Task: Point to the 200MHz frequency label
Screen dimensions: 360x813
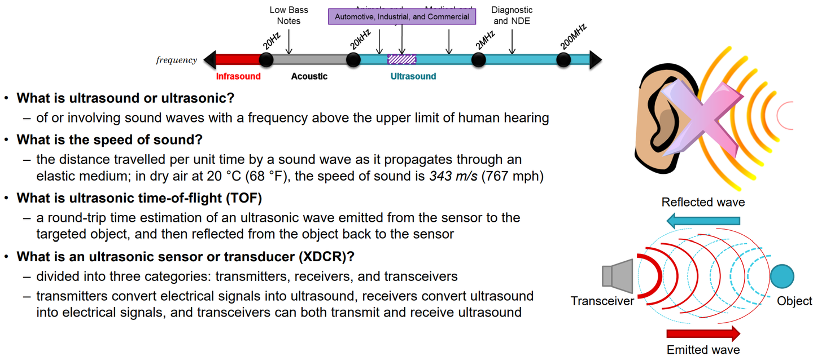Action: tap(574, 36)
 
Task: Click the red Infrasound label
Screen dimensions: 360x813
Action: tap(238, 76)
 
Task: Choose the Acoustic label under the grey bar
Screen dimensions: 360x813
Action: tap(309, 76)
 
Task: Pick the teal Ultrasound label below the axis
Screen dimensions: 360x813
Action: tap(413, 76)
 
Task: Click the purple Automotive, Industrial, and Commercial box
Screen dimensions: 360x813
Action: tap(402, 16)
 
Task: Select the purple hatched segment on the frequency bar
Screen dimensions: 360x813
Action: tap(401, 59)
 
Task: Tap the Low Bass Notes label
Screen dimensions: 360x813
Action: tap(289, 16)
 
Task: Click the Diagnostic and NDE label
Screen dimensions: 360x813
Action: tap(512, 16)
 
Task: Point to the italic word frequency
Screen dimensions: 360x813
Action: tap(176, 60)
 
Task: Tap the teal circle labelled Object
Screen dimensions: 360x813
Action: tap(782, 276)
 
